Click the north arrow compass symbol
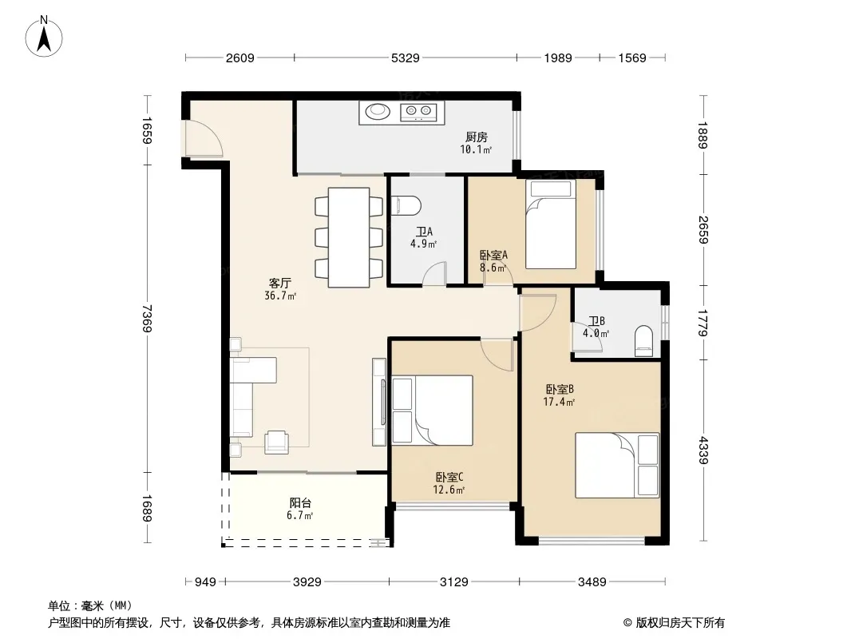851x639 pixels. click(44, 37)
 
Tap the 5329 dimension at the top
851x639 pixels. click(406, 58)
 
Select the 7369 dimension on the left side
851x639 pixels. click(147, 319)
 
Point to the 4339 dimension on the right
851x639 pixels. click(703, 450)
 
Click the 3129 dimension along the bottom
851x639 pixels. click(453, 582)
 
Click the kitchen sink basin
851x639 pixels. click(377, 112)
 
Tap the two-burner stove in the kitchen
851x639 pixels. click(418, 112)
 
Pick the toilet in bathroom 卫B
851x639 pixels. click(643, 341)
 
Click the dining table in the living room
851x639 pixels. click(349, 237)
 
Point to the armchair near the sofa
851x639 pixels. click(277, 442)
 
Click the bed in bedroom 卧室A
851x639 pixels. click(550, 224)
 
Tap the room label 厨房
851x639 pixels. click(476, 137)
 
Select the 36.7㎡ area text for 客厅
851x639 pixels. click(280, 296)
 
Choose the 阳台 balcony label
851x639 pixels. click(300, 502)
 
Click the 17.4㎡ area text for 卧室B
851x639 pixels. click(559, 402)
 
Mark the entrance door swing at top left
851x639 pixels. click(204, 138)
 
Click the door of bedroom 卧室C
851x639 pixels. click(497, 354)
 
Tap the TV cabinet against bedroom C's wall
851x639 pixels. click(379, 402)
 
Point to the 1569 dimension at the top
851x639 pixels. click(632, 58)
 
